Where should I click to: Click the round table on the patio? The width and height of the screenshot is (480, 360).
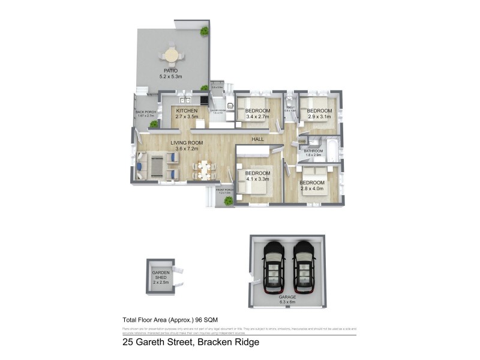pos(172,56)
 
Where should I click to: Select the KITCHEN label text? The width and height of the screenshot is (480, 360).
pos(187,111)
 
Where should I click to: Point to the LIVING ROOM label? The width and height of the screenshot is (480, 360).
pos(187,142)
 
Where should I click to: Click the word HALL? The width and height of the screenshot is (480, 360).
pos(258,139)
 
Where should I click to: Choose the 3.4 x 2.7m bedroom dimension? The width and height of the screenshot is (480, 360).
pos(258,117)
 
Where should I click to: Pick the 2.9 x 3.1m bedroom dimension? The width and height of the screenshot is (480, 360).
pos(319,117)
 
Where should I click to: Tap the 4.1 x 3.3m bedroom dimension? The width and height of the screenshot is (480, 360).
pos(258,179)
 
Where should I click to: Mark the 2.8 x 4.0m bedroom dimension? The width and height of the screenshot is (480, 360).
pos(313,188)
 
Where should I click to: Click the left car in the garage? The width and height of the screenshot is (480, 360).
pos(274,266)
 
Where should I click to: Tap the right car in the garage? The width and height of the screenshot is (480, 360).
pos(303,266)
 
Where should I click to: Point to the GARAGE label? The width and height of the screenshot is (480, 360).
pos(288,297)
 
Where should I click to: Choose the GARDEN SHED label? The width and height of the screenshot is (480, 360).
pos(161,277)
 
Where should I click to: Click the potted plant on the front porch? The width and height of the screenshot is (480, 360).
pos(228,201)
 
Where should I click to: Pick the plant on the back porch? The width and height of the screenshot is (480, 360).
pos(154,124)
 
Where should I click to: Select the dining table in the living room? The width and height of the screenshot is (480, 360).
pos(202,169)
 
